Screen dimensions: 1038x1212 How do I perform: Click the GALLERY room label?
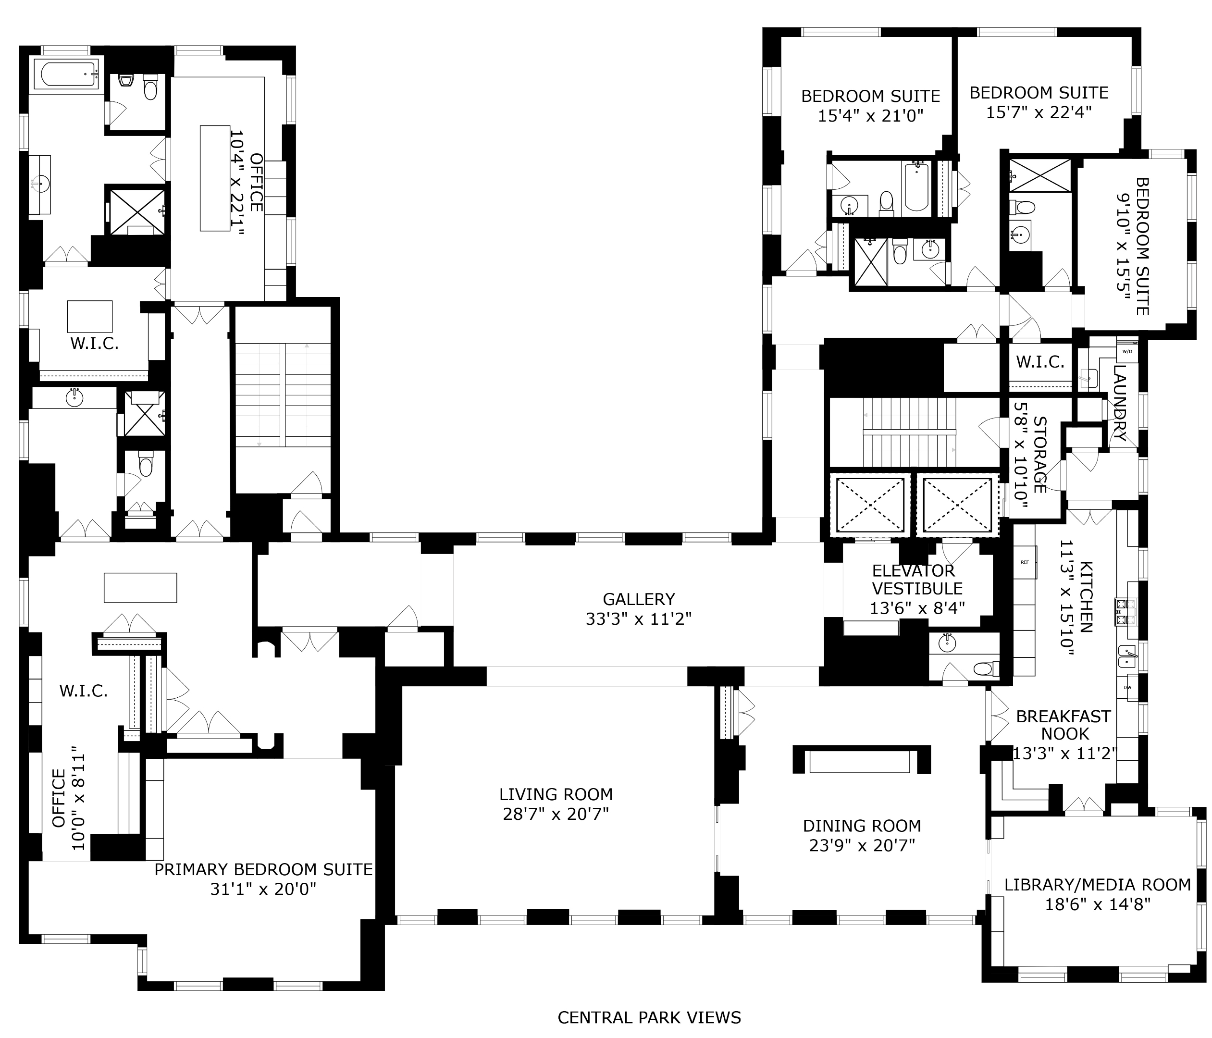pos(639,599)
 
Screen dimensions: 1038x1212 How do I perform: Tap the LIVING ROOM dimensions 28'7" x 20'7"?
pos(556,814)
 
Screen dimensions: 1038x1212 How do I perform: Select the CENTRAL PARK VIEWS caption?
pos(649,1017)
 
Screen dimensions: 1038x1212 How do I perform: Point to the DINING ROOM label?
pos(862,826)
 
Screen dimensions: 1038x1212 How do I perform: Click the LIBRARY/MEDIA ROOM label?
pos(1097,885)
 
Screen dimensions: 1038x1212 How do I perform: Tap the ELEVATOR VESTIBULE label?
pos(916,580)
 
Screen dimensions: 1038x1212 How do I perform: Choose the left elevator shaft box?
pos(870,505)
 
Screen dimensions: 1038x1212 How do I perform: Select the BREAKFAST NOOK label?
pos(1064,725)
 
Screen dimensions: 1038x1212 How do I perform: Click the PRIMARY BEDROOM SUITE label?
pos(263,870)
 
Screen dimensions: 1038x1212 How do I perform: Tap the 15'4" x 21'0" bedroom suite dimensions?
pos(870,116)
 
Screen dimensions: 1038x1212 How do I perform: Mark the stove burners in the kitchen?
pos(1125,612)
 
